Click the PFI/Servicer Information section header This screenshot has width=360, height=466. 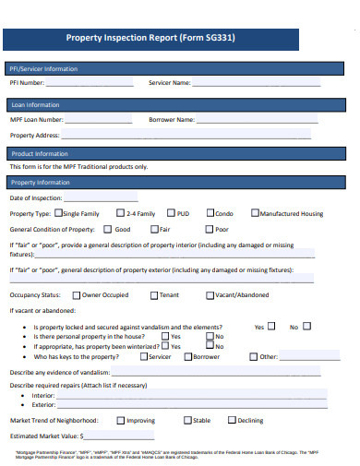coord(43,68)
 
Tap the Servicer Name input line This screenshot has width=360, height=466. coord(256,85)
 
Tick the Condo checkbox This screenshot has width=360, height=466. coord(211,213)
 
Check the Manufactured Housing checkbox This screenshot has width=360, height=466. coord(255,213)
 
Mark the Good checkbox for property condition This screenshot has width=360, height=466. coord(108,229)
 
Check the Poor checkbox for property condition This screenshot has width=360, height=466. coord(209,229)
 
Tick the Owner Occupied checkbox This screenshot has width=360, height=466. coord(76,294)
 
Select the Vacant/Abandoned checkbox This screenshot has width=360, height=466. coord(209,294)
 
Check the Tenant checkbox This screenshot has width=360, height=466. coord(153,294)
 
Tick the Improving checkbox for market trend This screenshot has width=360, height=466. coord(120,420)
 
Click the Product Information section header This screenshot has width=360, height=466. coord(39,153)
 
